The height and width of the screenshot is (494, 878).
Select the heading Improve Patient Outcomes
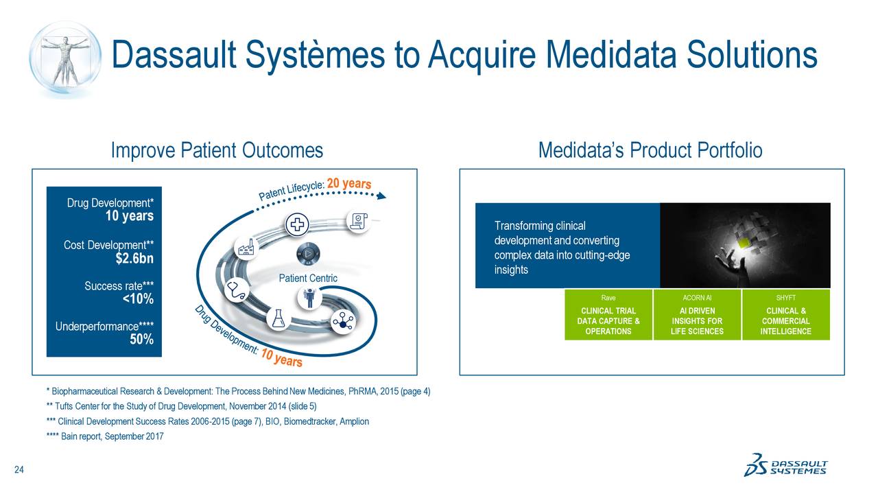[x=217, y=150]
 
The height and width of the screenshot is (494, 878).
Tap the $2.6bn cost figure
[x=134, y=259]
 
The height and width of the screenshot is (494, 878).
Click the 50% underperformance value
[x=141, y=340]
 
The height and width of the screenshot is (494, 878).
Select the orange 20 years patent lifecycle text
[x=348, y=184]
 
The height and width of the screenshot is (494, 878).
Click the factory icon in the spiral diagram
[x=245, y=248]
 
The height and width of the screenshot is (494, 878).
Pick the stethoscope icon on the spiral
[x=238, y=290]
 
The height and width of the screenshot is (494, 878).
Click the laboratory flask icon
[x=278, y=318]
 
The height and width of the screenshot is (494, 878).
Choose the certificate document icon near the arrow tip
[x=358, y=220]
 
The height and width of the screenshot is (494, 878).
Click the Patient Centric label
[x=308, y=278]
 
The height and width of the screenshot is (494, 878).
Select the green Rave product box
[x=608, y=315]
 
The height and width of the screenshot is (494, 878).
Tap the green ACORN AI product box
[x=697, y=315]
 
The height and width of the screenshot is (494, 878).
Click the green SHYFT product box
[x=785, y=315]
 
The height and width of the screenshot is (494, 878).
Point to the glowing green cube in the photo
[x=743, y=242]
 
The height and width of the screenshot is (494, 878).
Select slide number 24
[x=19, y=470]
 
